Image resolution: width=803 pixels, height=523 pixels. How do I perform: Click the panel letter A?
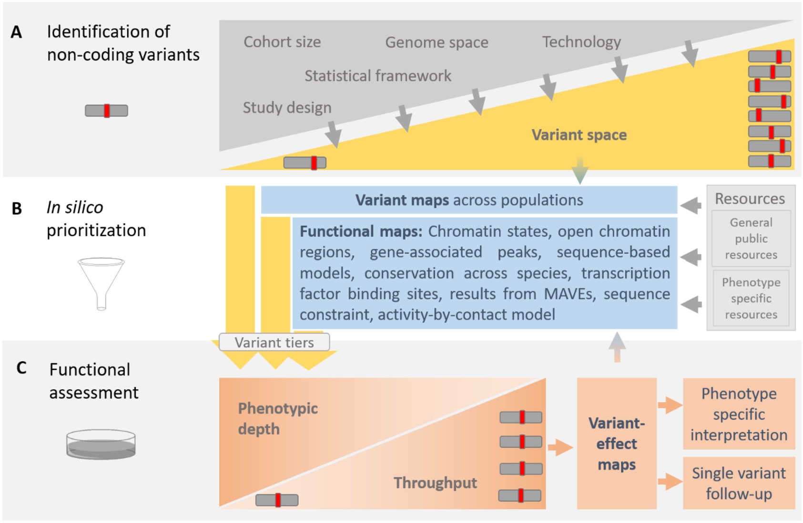tap(16, 32)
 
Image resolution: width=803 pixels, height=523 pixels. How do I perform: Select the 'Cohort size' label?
tap(282, 42)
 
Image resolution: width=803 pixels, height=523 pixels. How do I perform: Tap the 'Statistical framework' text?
tap(377, 76)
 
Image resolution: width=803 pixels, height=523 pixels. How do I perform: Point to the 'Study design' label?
tap(287, 107)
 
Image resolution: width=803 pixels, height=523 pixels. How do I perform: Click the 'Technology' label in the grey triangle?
tap(581, 42)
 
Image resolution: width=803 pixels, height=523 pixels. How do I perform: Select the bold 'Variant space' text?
tap(579, 135)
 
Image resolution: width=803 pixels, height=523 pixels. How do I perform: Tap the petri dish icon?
tap(101, 444)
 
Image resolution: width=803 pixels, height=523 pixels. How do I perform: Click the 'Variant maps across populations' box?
tap(469, 200)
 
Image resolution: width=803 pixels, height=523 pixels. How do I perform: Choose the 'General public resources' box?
tap(751, 239)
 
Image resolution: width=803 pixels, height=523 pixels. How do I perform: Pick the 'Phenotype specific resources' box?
tap(751, 298)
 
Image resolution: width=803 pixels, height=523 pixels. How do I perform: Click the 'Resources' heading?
tap(750, 199)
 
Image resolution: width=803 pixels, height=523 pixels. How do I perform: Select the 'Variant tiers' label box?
tap(274, 343)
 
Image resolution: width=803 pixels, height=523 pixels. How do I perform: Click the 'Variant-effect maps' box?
tap(617, 444)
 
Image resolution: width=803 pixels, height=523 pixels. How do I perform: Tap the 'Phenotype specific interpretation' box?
tap(739, 414)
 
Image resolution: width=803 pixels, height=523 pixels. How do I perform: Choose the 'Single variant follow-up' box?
tap(739, 483)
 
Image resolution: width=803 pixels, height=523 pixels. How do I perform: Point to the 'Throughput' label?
tap(435, 483)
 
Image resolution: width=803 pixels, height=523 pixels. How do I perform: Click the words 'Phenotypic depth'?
tap(278, 418)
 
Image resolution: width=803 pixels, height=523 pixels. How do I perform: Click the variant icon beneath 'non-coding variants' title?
tap(106, 111)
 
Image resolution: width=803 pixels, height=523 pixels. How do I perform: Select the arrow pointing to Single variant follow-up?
tap(670, 481)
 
